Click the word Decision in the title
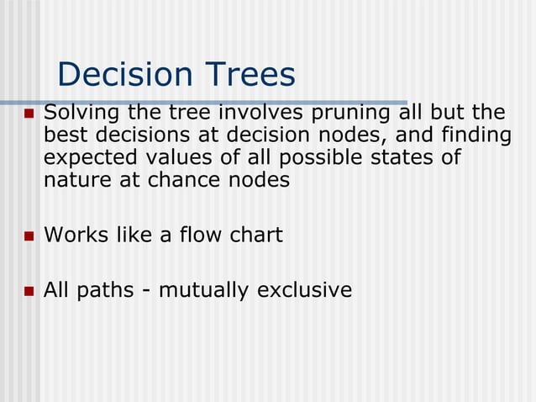pyautogui.click(x=118, y=76)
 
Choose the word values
pyautogui.click(x=186, y=157)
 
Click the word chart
pyautogui.click(x=252, y=235)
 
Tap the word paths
pyautogui.click(x=103, y=290)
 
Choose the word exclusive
pyautogui.click(x=304, y=290)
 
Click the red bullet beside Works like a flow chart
pyautogui.click(x=28, y=235)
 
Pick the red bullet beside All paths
pyautogui.click(x=28, y=291)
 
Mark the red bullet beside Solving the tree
pyautogui.click(x=28, y=114)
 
